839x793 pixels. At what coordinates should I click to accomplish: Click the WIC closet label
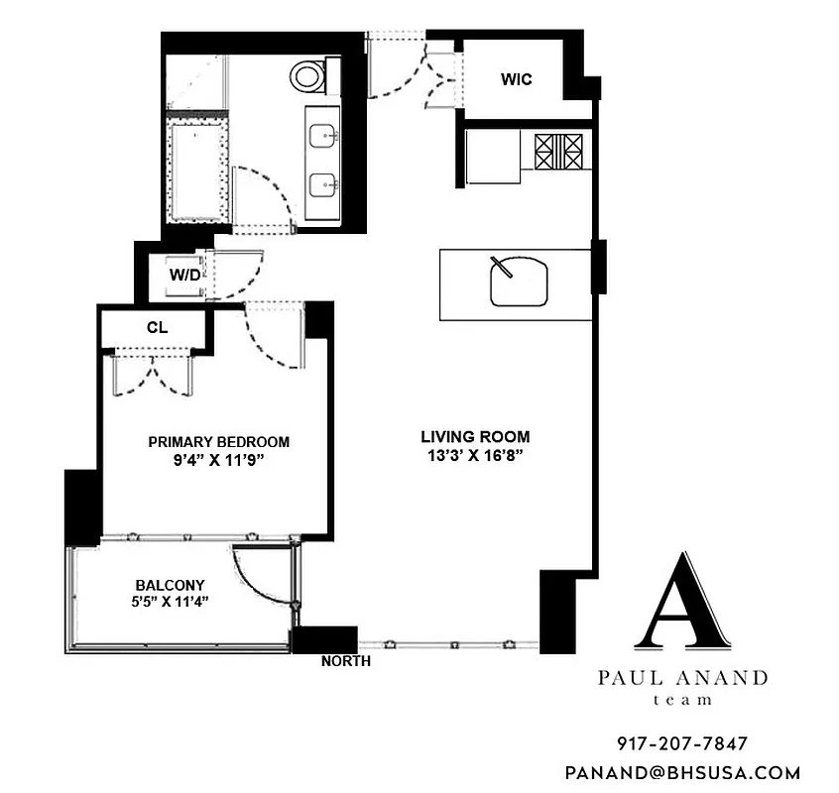pos(517,79)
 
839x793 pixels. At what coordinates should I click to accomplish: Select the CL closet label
pos(156,326)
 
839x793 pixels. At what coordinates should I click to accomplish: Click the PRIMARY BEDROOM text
pos(218,442)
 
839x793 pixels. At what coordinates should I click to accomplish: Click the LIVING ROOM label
pos(475,436)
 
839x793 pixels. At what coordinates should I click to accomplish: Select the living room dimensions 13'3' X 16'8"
pos(475,456)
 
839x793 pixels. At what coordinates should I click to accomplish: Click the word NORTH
pos(346,661)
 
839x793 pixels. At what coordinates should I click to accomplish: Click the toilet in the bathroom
pos(310,74)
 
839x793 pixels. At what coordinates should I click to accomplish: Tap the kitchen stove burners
pos(561,153)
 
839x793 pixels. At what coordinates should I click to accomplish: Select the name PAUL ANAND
pos(683,679)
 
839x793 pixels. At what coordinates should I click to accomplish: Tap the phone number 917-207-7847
pos(683,742)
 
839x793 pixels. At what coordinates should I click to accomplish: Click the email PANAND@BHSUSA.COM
pos(683,772)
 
